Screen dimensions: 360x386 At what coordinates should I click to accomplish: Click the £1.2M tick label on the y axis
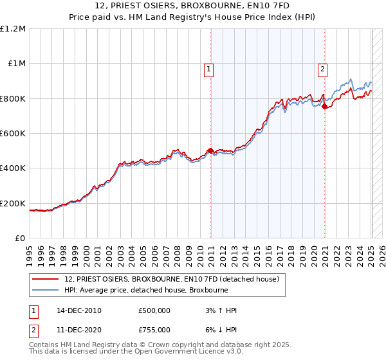point(13,29)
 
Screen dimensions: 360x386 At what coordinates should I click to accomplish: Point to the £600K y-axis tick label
point(13,134)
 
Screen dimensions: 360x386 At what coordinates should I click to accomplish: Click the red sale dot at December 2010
point(210,151)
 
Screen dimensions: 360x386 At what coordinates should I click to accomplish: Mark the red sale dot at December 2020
point(325,107)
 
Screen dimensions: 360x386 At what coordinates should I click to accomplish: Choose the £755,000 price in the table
point(154,330)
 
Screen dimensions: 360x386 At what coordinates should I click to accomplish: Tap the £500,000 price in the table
point(154,311)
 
